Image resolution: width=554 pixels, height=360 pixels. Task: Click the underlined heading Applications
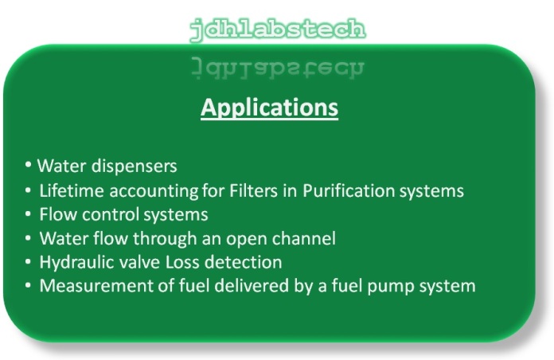click(x=269, y=108)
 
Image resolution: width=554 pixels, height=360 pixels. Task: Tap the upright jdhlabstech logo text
click(x=278, y=29)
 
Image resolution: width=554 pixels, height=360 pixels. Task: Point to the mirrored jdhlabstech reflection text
click(x=278, y=67)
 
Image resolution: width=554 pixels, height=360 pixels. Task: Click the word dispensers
click(x=134, y=166)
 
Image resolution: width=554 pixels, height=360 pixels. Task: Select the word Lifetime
click(x=72, y=190)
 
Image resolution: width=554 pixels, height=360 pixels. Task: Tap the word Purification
click(x=349, y=191)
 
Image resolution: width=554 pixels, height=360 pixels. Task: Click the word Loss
click(x=182, y=262)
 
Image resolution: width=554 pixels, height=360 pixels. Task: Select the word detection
click(x=243, y=262)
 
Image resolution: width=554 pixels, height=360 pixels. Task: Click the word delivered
click(x=252, y=286)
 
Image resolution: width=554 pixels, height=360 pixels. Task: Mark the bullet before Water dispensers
click(x=28, y=165)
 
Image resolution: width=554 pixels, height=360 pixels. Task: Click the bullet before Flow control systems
click(x=28, y=214)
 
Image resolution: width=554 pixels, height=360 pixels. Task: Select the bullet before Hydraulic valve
click(x=28, y=262)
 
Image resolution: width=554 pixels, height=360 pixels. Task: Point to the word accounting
click(x=154, y=191)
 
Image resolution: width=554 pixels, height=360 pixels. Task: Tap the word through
click(x=165, y=239)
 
